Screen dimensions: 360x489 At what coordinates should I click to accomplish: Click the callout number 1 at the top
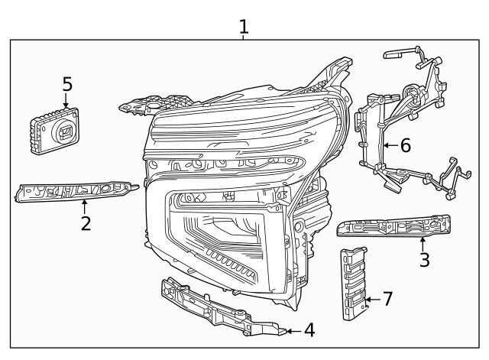[244, 27]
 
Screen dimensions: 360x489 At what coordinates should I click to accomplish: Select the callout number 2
[86, 223]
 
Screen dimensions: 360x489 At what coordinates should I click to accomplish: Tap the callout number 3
[424, 259]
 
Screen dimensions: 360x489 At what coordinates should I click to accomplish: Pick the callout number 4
[309, 330]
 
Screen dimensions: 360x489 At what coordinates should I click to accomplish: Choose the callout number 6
[405, 144]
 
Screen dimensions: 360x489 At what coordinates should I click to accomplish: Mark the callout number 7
[387, 299]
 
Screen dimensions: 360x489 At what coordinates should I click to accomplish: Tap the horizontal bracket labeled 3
[393, 226]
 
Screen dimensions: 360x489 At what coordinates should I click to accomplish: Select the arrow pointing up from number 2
[86, 206]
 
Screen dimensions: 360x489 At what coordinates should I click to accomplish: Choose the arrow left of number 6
[390, 144]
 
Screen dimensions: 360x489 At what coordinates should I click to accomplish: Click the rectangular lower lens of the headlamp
[222, 229]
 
